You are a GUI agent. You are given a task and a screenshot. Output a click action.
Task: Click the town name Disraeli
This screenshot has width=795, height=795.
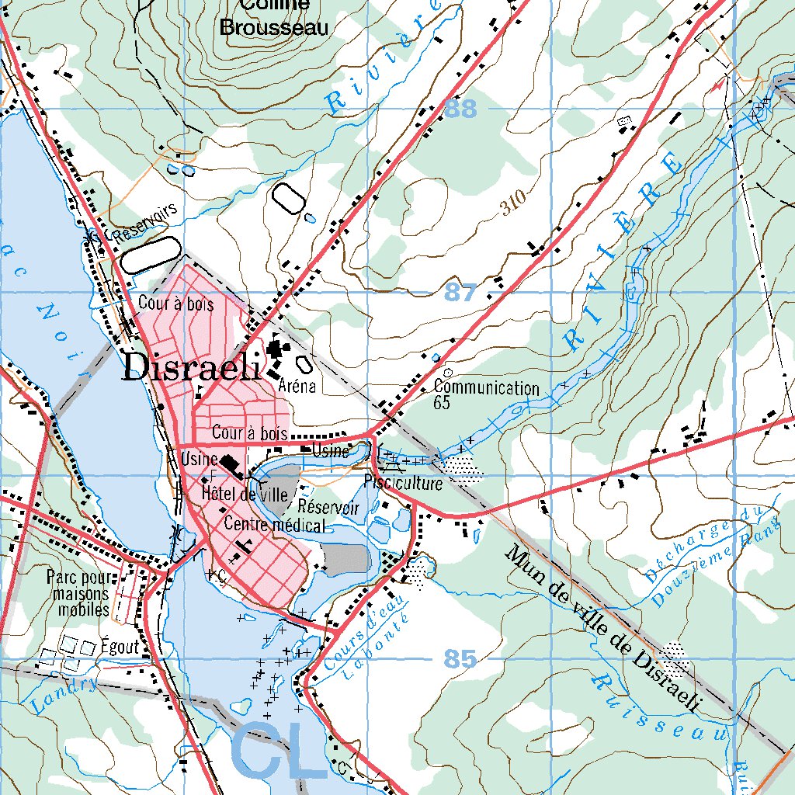tap(191, 367)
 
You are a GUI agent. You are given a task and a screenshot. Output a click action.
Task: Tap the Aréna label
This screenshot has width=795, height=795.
tap(296, 386)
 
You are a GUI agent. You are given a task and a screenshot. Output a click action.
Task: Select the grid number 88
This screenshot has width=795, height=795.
tap(461, 109)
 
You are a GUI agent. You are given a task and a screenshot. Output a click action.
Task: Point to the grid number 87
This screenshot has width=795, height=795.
tap(461, 293)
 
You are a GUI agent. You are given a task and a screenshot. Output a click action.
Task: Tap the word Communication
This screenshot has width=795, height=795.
tap(487, 387)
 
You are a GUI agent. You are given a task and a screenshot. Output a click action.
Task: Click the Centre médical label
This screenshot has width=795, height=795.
tap(273, 526)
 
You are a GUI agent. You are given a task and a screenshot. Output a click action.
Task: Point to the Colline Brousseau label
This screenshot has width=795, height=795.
tap(274, 17)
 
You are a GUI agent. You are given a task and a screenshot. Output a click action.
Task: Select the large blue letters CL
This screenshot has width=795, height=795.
tap(279, 752)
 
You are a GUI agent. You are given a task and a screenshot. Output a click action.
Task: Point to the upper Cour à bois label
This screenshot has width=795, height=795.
tap(175, 304)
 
